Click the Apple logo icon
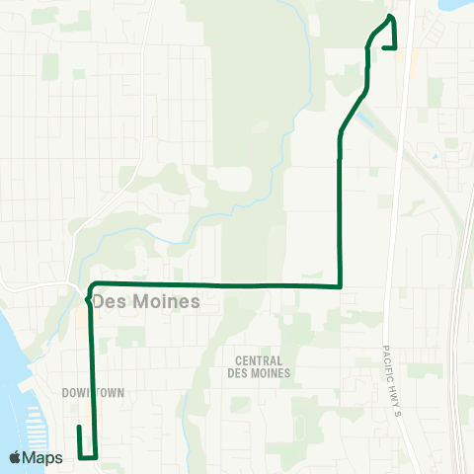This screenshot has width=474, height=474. point(16,457)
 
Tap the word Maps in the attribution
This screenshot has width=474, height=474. point(43,457)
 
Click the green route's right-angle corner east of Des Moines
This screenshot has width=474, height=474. point(340,286)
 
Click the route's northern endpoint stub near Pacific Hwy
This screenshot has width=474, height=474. point(395,45)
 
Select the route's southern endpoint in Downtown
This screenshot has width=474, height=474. point(79,428)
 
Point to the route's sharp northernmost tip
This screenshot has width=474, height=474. point(392,17)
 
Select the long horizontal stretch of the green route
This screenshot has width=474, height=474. point(217,285)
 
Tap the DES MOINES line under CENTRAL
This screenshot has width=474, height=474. point(258,373)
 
